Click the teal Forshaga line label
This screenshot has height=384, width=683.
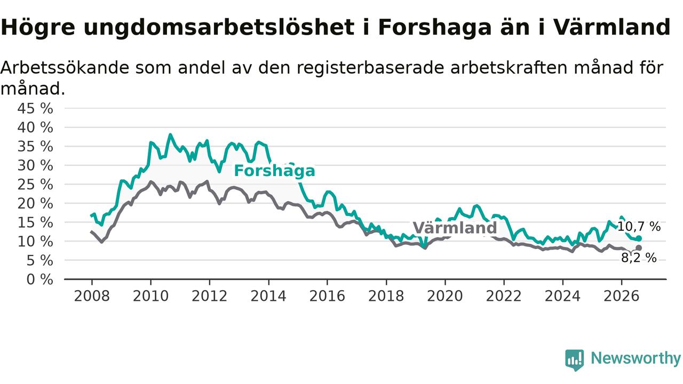tap(274, 170)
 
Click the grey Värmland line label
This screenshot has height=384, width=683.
tap(455, 228)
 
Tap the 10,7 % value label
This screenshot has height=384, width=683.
tap(639, 227)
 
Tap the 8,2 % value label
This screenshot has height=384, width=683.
tap(639, 258)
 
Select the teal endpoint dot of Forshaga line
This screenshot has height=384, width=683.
tap(639, 238)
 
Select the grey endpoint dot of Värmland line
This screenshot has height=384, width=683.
tap(639, 248)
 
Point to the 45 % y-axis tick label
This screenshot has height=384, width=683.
tap(35, 108)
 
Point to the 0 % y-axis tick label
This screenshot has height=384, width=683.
tap(39, 279)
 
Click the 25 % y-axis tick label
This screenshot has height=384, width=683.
tap(35, 185)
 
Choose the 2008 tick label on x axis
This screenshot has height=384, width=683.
tap(92, 296)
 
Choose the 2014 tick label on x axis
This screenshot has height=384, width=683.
tap(268, 296)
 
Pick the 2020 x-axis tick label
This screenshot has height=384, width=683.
tap(445, 296)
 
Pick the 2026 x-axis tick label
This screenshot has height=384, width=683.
tap(622, 296)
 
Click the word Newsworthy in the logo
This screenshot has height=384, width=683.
tap(636, 358)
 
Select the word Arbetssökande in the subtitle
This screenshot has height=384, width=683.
tap(65, 67)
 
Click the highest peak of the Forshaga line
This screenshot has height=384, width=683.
tap(170, 134)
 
